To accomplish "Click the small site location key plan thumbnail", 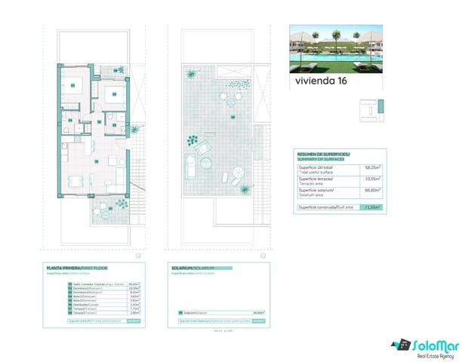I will (x=371, y=110).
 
